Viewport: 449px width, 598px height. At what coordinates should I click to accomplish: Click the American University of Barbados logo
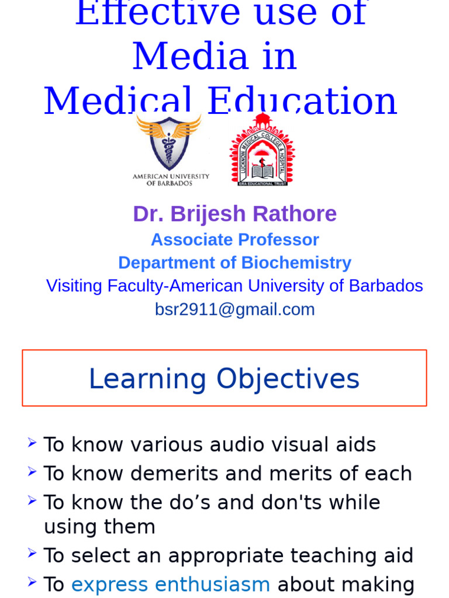[170, 149]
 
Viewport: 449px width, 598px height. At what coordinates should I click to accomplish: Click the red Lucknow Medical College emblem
[262, 151]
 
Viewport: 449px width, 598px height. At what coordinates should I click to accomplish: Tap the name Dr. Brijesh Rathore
[234, 214]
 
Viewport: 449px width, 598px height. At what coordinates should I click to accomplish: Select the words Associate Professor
[234, 239]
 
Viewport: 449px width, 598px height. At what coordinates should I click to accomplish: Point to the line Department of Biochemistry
[234, 263]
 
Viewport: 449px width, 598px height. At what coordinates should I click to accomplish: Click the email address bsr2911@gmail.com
[234, 310]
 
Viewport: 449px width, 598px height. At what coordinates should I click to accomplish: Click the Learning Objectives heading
[224, 378]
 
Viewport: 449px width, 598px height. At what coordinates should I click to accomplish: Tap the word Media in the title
[215, 57]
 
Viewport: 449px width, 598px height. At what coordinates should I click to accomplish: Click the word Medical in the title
[118, 101]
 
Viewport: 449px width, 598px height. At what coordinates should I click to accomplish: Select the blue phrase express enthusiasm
[171, 584]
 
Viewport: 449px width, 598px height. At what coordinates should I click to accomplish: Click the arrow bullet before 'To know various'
[32, 443]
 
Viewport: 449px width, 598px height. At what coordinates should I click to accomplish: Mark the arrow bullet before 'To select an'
[32, 553]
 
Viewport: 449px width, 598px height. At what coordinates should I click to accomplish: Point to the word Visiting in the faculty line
[74, 286]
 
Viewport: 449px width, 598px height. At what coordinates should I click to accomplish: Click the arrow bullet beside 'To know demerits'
[32, 471]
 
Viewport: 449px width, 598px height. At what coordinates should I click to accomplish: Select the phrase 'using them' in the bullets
[99, 527]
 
